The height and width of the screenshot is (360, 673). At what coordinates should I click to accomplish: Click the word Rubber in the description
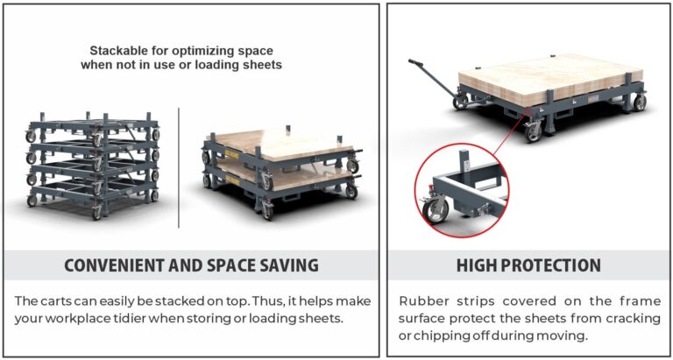(x=422, y=300)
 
